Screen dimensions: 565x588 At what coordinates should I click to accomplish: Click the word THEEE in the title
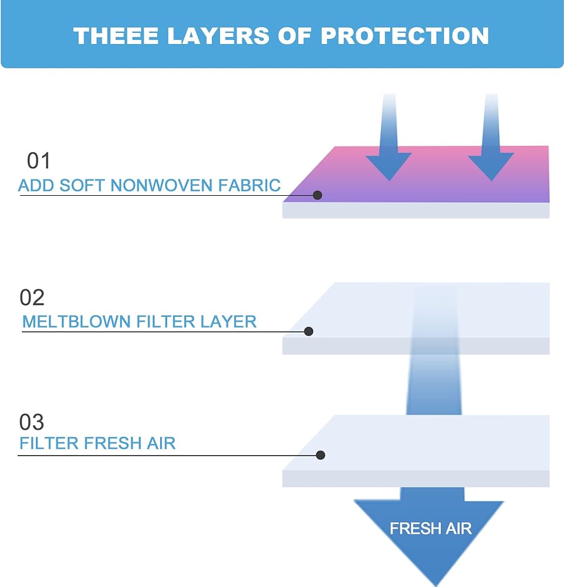(115, 36)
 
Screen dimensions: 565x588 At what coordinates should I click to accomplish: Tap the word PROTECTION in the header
(405, 36)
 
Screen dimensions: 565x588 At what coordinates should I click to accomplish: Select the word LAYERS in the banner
(218, 36)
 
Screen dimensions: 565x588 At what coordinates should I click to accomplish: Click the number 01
(38, 161)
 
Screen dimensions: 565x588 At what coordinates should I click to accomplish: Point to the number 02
(32, 298)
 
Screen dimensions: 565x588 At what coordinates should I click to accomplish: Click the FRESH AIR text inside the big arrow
(431, 529)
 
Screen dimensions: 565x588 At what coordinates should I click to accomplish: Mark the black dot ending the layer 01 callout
(318, 195)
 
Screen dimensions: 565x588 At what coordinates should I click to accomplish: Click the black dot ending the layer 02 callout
(308, 331)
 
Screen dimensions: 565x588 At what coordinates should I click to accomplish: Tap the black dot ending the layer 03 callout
(320, 455)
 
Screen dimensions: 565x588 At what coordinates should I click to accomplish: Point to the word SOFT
(82, 185)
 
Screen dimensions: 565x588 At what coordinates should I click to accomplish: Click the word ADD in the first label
(36, 185)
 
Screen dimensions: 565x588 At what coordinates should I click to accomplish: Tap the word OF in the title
(295, 36)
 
